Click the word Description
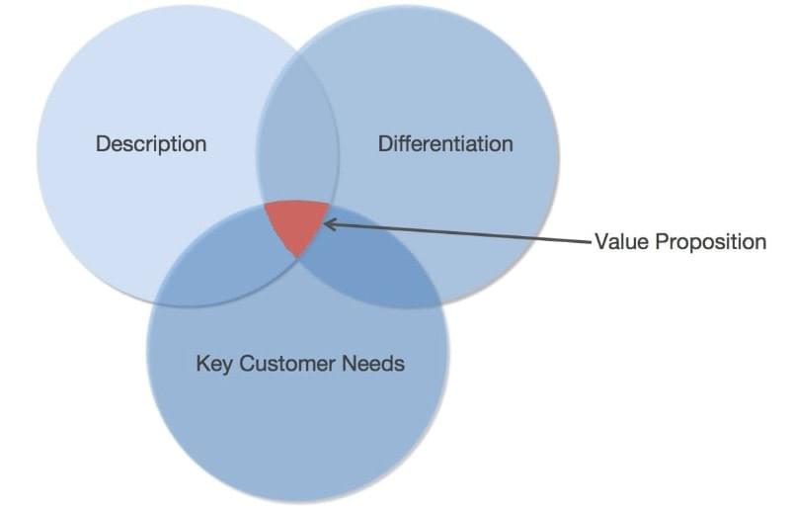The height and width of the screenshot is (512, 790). [x=151, y=144]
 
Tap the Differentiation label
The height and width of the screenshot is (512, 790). [x=445, y=143]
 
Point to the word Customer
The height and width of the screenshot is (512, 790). [x=286, y=364]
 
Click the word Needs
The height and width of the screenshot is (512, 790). [x=373, y=364]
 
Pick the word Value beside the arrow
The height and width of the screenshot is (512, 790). [x=622, y=241]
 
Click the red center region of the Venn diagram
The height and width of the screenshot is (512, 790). [x=297, y=224]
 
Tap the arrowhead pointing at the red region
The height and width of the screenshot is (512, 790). [x=330, y=223]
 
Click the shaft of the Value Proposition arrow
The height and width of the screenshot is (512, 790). [x=458, y=232]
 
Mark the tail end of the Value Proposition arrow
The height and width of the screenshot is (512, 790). [x=592, y=242]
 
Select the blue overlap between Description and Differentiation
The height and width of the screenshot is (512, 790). [x=297, y=136]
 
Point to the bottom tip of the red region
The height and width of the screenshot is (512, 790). [x=298, y=257]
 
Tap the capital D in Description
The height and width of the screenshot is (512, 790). [x=104, y=143]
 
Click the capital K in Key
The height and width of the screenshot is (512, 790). [x=202, y=364]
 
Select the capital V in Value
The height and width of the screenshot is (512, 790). [x=603, y=241]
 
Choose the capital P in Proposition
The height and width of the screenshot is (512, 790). [x=662, y=241]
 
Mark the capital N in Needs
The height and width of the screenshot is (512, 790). [x=350, y=364]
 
